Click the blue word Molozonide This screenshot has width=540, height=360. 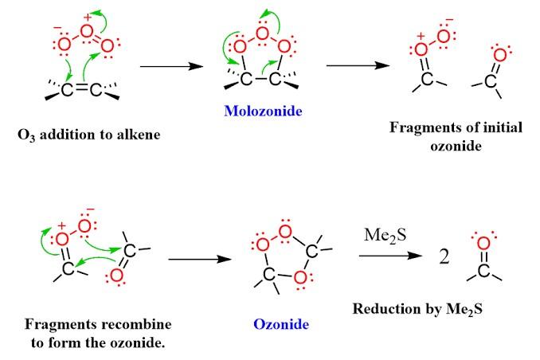pyautogui.click(x=264, y=112)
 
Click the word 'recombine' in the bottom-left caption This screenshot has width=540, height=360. pyautogui.click(x=138, y=325)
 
